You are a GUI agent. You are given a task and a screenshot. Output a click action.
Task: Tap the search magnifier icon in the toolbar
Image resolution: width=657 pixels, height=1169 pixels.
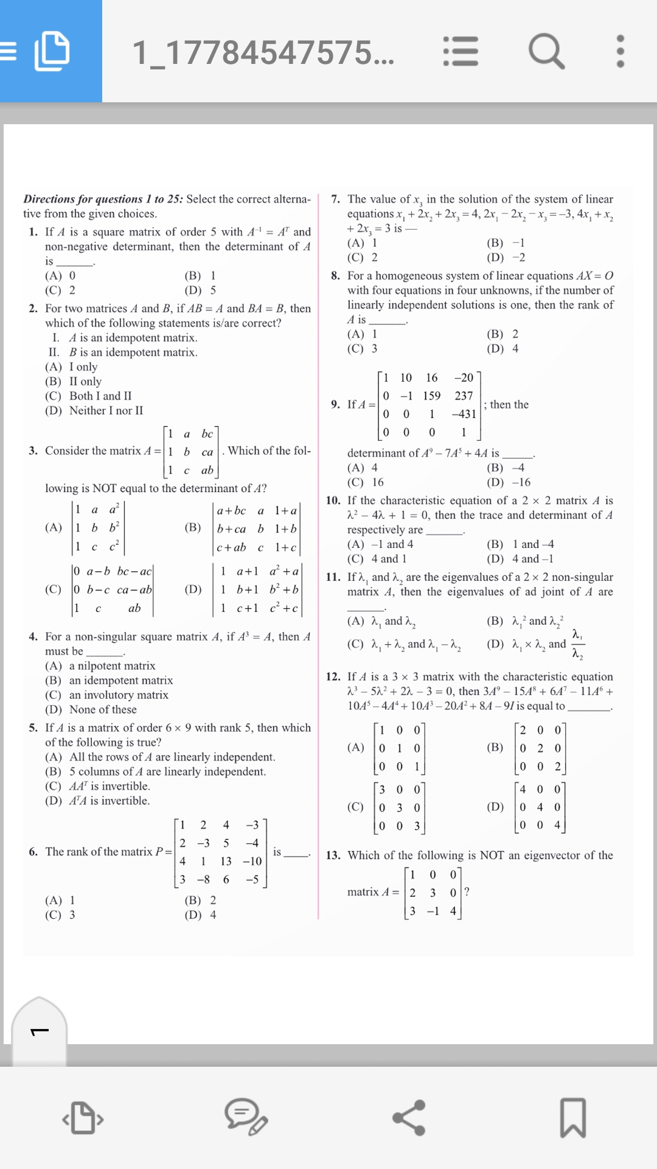click(546, 51)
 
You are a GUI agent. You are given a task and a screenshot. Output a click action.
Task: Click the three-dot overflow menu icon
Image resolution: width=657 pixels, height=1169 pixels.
click(620, 51)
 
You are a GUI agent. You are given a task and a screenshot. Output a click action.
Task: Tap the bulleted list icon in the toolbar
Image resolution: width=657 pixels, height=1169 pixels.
click(461, 51)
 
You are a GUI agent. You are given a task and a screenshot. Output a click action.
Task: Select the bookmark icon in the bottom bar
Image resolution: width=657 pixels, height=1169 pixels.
click(572, 1118)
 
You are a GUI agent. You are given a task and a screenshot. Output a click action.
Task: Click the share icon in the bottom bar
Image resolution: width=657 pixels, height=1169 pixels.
click(409, 1118)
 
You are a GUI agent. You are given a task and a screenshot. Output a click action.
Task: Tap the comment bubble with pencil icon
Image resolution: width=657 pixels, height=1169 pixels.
click(246, 1118)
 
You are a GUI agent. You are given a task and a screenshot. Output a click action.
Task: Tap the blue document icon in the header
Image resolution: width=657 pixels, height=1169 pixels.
click(52, 51)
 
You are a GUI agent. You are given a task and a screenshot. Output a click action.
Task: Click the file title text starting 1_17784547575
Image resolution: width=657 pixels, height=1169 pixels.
click(263, 52)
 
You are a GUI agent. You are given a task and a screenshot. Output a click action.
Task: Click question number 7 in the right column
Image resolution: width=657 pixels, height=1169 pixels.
click(335, 199)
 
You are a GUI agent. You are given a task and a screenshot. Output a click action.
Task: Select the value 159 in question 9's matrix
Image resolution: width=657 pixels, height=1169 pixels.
click(431, 396)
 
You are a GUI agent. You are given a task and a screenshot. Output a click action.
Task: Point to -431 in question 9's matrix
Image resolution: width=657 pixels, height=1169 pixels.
click(464, 414)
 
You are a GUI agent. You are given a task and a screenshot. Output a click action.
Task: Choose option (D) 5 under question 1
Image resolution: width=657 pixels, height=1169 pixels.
click(201, 290)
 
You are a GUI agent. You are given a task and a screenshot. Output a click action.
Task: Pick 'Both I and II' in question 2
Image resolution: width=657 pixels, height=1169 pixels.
click(100, 396)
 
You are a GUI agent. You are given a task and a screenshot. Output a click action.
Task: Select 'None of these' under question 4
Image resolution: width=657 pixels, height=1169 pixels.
click(103, 709)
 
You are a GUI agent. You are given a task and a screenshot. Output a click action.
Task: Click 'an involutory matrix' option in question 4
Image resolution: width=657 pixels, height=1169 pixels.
click(119, 695)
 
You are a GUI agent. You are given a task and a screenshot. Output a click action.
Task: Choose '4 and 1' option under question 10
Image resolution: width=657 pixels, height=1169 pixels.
click(388, 559)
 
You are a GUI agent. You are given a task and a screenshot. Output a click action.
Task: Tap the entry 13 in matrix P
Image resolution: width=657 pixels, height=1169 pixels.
click(226, 861)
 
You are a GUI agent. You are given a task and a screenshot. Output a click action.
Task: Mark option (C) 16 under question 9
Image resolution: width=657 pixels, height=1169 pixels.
click(367, 482)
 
